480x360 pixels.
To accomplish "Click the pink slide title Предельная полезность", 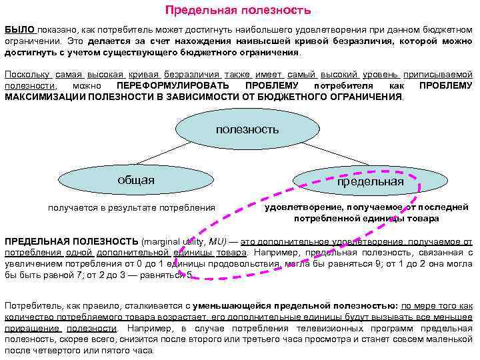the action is (x=238, y=11).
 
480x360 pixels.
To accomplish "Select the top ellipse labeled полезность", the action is (x=247, y=129).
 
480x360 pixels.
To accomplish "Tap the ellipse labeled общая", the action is (x=135, y=180).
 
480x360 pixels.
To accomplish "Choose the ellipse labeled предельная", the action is (x=370, y=181).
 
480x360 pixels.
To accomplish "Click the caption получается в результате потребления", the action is (x=131, y=207).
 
